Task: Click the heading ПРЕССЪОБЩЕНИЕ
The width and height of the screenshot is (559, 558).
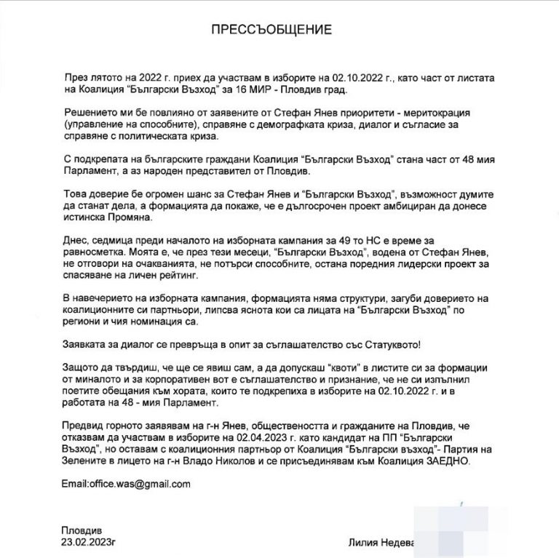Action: [270, 30]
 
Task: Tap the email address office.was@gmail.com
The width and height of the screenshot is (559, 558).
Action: [126, 483]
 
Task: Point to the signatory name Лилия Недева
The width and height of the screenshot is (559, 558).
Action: [379, 543]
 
